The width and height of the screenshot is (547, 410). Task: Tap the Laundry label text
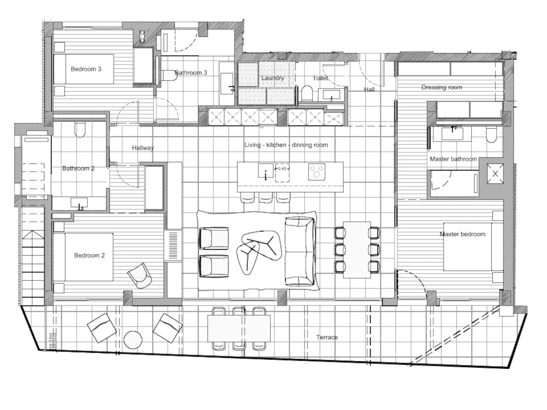[272, 78]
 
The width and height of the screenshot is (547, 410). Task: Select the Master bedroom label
[462, 234]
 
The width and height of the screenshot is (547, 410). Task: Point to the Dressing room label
[441, 87]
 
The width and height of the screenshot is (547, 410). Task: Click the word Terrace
[327, 337]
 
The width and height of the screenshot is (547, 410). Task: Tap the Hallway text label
[143, 148]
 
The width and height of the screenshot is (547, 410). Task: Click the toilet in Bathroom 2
[80, 130]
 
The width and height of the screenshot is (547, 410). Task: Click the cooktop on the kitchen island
[316, 172]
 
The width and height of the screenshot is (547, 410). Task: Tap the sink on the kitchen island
[265, 172]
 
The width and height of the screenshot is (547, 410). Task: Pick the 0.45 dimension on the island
[282, 169]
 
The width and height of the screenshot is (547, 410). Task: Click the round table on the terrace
[132, 339]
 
